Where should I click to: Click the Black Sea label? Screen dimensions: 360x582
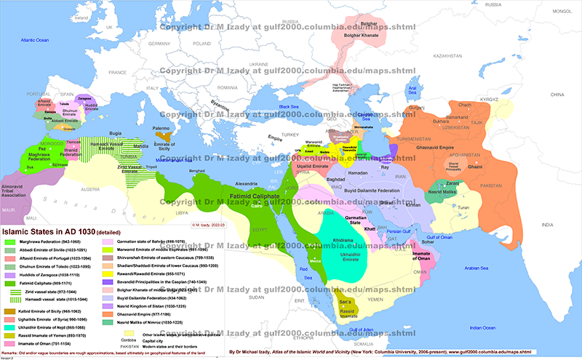(289, 108)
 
